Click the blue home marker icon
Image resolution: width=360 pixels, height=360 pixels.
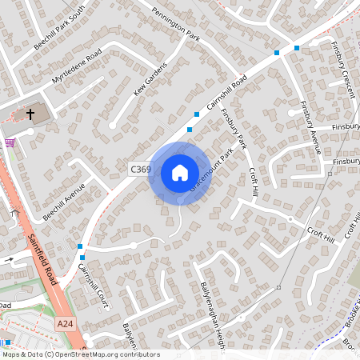180,173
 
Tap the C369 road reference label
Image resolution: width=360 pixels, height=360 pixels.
140,169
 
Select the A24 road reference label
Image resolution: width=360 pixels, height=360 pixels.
66,323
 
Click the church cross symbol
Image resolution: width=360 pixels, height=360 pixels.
31,114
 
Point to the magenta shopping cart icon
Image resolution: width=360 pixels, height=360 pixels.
10,142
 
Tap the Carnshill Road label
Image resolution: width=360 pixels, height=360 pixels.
226,94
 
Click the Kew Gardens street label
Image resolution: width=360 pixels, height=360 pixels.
151,80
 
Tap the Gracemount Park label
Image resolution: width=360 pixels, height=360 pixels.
215,169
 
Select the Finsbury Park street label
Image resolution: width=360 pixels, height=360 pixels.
235,128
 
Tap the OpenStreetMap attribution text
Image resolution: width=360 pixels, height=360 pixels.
80,354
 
